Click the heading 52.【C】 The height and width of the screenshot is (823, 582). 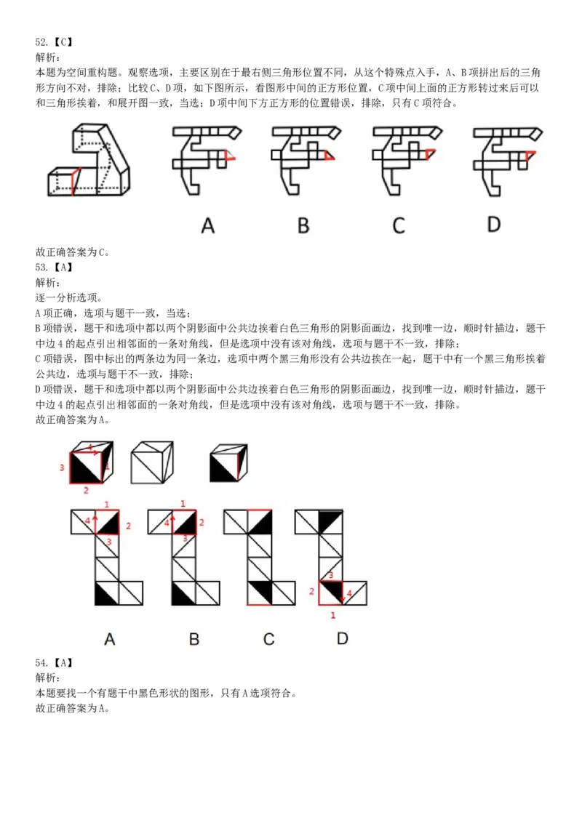coord(55,42)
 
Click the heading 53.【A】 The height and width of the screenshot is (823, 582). coord(55,267)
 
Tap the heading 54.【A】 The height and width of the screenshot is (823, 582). coord(55,662)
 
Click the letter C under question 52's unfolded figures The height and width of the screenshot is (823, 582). coord(398,225)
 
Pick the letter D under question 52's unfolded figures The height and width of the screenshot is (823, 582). coord(494,225)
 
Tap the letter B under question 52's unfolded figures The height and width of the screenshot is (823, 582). coord(303,225)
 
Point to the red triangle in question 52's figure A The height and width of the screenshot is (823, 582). coord(230,156)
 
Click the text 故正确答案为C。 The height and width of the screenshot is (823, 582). coord(73,252)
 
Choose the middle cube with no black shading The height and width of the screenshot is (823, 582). coord(151,462)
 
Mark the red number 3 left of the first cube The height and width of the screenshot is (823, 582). coord(62,467)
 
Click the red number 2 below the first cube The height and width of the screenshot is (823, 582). coord(86,491)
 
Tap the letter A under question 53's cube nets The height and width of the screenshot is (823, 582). coord(109,639)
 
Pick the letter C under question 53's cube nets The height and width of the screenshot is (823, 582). coord(268,639)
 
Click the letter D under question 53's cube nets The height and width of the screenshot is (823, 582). coord(342,638)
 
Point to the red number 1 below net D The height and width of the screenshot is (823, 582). coord(333,615)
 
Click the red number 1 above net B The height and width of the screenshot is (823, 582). coord(183,503)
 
